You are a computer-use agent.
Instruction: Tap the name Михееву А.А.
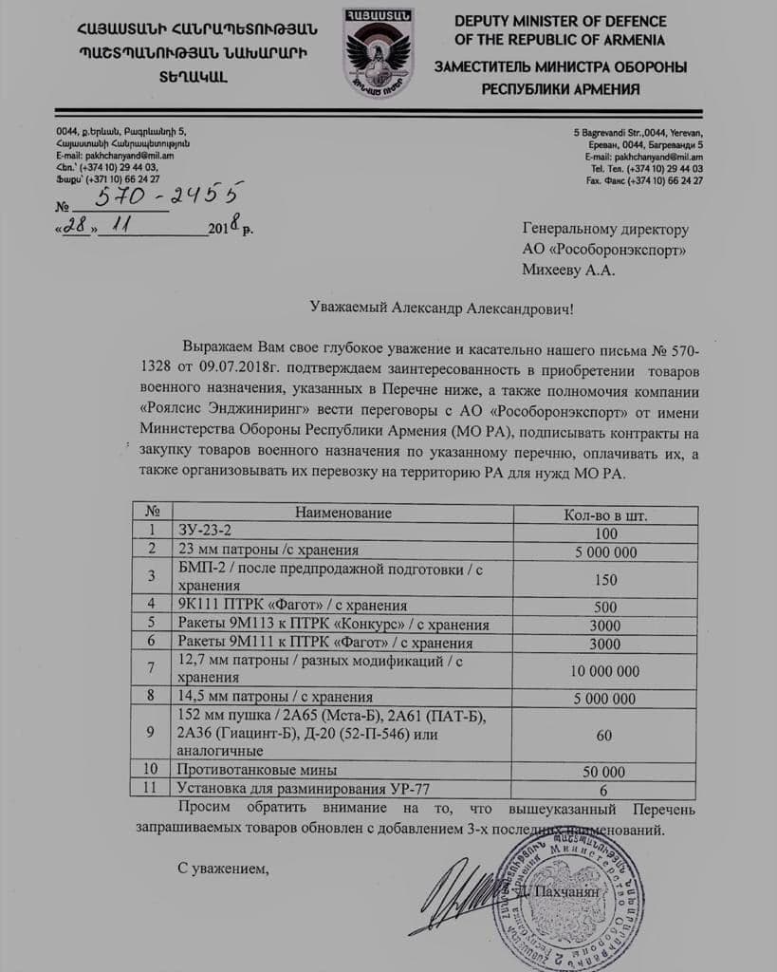568,270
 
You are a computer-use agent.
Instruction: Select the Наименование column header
342,514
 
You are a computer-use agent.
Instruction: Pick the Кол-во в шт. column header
605,514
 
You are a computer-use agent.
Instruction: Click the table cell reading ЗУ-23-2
205,533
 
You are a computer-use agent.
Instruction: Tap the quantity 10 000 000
605,670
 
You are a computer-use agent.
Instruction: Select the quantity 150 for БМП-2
605,579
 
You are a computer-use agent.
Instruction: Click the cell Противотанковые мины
258,771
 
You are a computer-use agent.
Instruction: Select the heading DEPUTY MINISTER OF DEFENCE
573,21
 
